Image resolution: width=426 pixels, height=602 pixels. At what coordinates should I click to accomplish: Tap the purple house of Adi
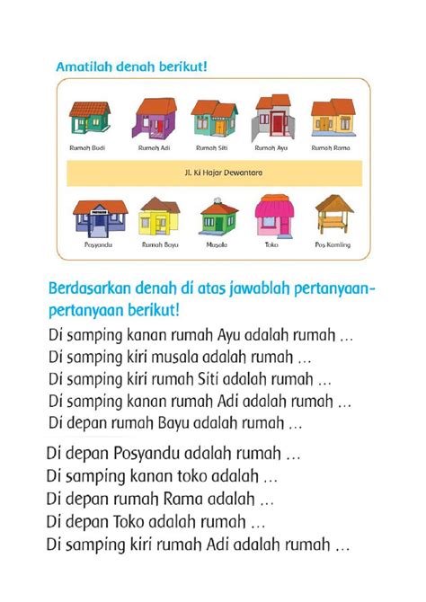click(x=153, y=119)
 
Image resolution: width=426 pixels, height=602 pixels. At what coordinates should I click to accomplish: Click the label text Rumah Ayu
click(x=271, y=146)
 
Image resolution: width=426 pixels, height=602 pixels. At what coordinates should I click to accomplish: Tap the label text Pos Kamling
click(x=333, y=244)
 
